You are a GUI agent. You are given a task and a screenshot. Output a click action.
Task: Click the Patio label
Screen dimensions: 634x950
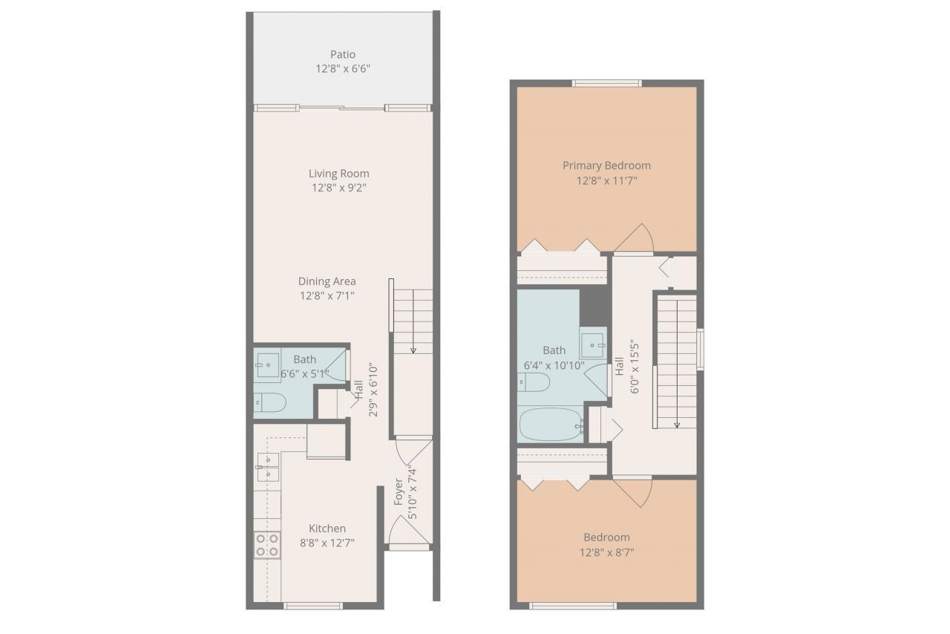coord(342,54)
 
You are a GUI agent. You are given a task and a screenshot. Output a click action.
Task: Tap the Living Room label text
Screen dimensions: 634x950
coord(338,174)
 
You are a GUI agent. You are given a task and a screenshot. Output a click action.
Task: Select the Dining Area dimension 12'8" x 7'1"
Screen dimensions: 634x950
coord(327,295)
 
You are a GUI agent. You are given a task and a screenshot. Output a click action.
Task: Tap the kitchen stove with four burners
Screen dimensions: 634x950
coord(267,545)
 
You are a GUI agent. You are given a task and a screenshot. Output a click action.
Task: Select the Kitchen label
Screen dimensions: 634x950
coord(327,529)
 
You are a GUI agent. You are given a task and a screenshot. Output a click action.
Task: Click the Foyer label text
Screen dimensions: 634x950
coord(399,492)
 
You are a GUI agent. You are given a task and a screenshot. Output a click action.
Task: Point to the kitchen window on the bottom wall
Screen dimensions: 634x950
coord(313,606)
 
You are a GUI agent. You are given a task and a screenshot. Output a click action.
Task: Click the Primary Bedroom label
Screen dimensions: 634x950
coord(606,166)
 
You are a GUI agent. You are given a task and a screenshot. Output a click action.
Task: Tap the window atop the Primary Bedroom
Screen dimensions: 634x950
coord(606,83)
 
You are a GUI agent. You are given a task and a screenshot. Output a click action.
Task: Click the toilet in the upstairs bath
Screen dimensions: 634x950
coord(534,382)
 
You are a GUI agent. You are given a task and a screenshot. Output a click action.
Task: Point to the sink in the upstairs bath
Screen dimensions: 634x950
coord(593,341)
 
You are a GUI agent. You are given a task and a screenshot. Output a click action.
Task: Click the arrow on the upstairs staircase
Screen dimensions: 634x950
coord(677,423)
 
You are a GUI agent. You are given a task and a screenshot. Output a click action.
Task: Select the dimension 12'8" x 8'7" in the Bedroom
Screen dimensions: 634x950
coord(606,552)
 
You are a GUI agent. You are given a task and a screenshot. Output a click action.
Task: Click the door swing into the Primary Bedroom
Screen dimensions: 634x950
coord(635,238)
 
